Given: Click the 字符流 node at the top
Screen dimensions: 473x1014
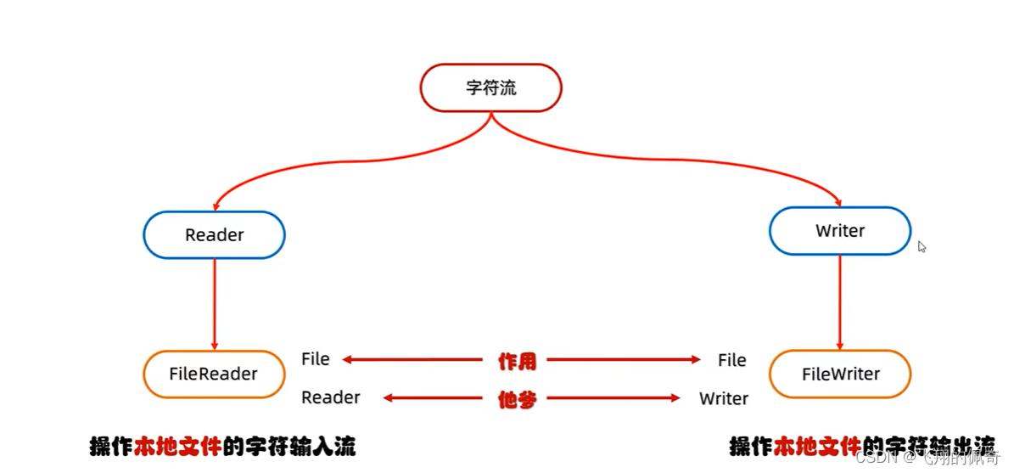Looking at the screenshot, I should pyautogui.click(x=490, y=87).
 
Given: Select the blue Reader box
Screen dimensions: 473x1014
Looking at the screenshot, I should pyautogui.click(x=214, y=234).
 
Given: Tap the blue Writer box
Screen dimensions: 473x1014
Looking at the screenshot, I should pyautogui.click(x=839, y=231).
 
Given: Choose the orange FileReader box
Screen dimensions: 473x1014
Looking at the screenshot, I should pyautogui.click(x=214, y=374).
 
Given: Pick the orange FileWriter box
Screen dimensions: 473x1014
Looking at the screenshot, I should pyautogui.click(x=840, y=374).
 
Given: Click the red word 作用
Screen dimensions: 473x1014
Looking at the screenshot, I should pyautogui.click(x=516, y=360).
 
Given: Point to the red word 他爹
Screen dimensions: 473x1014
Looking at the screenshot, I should pyautogui.click(x=516, y=399).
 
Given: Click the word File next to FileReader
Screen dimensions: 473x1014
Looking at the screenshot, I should pyautogui.click(x=316, y=359).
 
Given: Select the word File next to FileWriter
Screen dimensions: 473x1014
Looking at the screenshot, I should pyautogui.click(x=731, y=360).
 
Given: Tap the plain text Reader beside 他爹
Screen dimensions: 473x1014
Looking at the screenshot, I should pyautogui.click(x=331, y=397).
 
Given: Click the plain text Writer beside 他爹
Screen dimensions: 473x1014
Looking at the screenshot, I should pyautogui.click(x=724, y=398).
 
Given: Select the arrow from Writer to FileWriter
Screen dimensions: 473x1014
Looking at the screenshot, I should pyautogui.click(x=840, y=302).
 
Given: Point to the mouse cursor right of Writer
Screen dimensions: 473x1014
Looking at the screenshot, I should pyautogui.click(x=922, y=246).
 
